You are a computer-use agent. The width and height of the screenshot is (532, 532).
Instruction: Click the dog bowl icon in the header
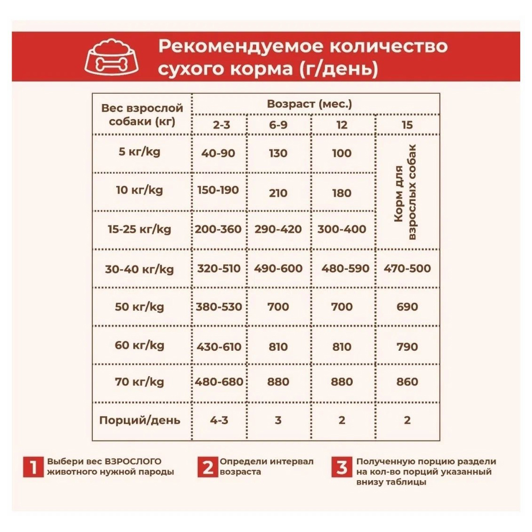pos(112,56)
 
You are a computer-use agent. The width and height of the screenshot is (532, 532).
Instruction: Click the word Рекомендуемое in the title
pos(238,46)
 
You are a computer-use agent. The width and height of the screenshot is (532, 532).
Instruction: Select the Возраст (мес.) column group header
pos(309,104)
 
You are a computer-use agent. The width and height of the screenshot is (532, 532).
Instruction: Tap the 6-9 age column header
pos(278,125)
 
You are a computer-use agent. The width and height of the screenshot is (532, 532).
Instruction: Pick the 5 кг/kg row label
pos(139,152)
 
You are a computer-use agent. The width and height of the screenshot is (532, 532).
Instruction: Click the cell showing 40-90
pos(218,153)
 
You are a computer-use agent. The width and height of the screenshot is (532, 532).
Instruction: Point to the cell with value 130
pos(278,153)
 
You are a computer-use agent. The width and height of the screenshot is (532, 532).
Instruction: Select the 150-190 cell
pos(218,190)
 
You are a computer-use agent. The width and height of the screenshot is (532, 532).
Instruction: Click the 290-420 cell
pos(278,229)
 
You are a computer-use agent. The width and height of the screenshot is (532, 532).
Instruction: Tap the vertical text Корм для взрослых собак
pos(406,192)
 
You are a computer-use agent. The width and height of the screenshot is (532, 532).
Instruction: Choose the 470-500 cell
pos(407,268)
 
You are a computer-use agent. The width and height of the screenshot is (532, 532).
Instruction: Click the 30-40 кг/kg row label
pos(139,269)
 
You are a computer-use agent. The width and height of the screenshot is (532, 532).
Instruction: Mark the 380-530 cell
pos(219,307)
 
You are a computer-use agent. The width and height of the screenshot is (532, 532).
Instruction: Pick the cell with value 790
pos(407,347)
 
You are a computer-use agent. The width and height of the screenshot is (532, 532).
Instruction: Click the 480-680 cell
pos(219,382)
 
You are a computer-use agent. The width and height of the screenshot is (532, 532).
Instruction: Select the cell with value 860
pos(407,382)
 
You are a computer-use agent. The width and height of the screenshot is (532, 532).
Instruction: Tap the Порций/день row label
pos(140,420)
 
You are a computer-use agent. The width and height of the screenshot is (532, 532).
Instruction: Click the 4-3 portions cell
pos(219,420)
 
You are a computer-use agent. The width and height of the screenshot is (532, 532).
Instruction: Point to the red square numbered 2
pos(208,468)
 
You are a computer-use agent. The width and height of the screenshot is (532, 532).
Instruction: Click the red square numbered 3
pos(342,468)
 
